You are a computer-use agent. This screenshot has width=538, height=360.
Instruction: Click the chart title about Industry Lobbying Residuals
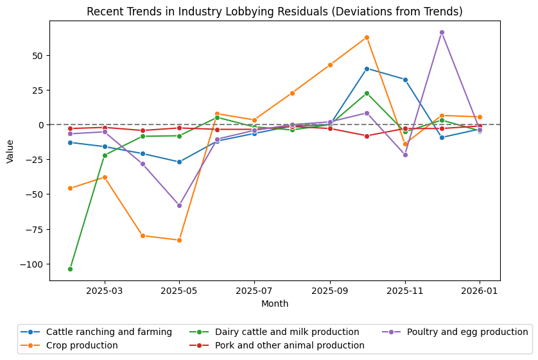coord(274,12)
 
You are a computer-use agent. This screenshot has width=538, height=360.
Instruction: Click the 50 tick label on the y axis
coord(38,55)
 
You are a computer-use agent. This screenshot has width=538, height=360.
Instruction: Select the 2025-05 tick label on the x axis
coord(179,292)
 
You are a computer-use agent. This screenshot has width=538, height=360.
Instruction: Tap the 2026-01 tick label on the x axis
coord(480,292)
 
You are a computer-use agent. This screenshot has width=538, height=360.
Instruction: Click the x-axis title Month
coord(275,304)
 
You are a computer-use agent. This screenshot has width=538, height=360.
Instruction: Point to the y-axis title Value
coord(10,150)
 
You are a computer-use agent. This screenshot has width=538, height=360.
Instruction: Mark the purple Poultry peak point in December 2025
coord(442,32)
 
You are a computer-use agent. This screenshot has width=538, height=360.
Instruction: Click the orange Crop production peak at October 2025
coord(367,37)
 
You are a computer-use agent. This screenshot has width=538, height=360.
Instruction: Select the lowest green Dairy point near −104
coord(70,269)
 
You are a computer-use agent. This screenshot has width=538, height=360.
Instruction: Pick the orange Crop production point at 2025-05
coord(179,240)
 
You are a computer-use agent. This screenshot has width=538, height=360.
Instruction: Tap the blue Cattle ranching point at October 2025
coord(367,69)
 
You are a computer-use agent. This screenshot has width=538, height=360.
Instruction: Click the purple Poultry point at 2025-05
coord(179,205)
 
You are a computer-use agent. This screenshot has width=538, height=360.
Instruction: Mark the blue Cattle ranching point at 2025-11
coord(405,80)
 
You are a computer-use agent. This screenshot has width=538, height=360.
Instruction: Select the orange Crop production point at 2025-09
coord(330,65)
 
